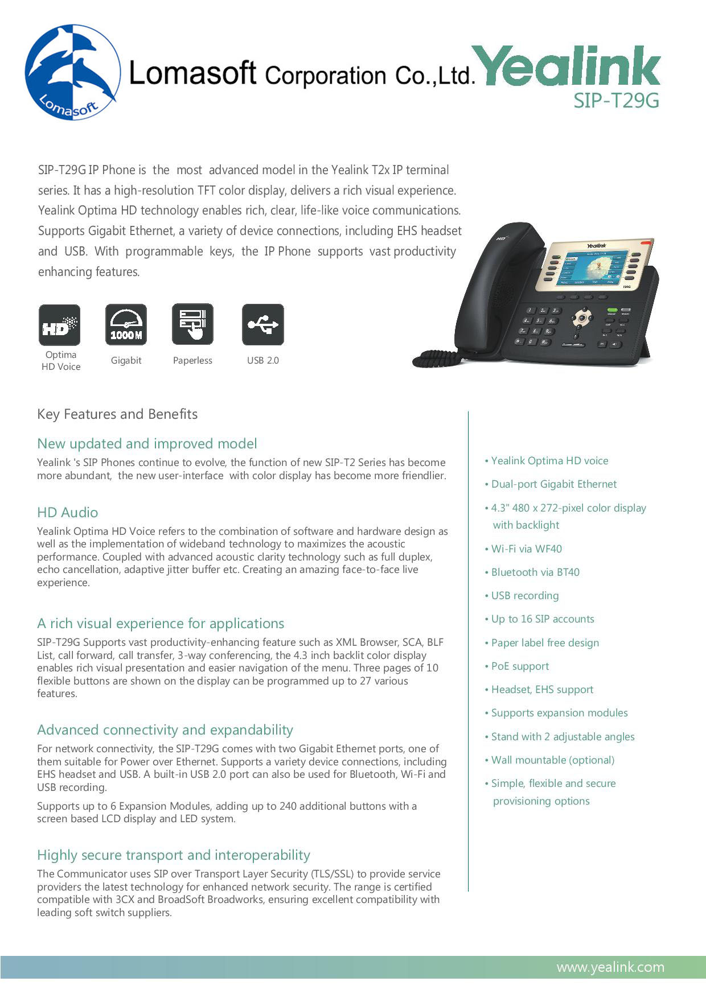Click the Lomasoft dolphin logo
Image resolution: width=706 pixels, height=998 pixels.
click(x=72, y=72)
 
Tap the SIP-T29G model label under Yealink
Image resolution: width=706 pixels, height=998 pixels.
click(x=616, y=101)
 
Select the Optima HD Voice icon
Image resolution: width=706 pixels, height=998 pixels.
click(x=60, y=325)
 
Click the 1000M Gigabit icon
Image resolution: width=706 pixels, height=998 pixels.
click(x=126, y=325)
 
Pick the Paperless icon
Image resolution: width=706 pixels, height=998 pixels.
click(x=192, y=325)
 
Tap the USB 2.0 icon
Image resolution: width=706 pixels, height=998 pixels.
click(x=262, y=325)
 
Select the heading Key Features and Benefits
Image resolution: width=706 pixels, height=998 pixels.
click(x=117, y=414)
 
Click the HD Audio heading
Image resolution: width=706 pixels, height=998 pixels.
click(x=67, y=513)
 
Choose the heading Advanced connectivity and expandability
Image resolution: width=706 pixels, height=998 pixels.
click(x=165, y=730)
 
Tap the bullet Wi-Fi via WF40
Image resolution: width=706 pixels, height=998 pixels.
click(x=526, y=549)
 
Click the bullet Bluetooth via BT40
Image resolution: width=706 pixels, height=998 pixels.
click(x=535, y=572)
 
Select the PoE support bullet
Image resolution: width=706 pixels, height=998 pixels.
click(x=520, y=666)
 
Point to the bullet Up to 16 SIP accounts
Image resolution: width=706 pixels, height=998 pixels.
click(x=543, y=619)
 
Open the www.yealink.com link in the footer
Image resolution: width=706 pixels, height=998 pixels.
click(x=610, y=967)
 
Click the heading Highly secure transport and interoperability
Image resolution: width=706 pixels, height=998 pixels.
click(x=174, y=855)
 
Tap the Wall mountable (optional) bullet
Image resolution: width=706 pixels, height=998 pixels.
click(x=553, y=760)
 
